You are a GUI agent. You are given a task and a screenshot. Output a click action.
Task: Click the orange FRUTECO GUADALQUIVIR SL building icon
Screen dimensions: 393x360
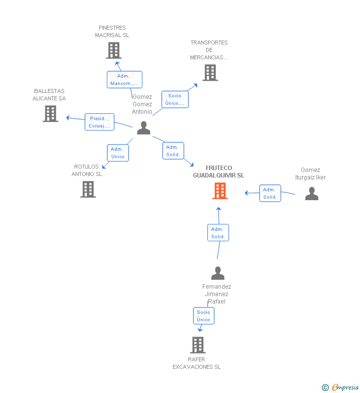point(220,190)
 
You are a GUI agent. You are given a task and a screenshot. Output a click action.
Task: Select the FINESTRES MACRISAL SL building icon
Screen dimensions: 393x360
point(114,50)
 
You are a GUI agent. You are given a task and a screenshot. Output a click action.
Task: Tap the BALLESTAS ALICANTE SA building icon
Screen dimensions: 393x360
point(50,114)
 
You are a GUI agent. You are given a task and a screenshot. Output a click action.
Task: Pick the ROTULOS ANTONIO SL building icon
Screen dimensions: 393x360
point(88,189)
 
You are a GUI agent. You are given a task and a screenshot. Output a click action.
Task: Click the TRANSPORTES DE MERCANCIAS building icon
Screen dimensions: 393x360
point(210,73)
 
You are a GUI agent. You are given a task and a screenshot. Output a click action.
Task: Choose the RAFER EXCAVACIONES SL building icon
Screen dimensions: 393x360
point(197,345)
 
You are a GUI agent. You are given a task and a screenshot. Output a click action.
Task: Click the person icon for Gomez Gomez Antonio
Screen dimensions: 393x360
point(143,128)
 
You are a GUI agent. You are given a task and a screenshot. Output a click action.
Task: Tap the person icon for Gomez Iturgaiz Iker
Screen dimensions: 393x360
point(312,193)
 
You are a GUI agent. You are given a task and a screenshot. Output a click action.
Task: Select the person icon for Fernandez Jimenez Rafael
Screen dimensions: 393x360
point(218,273)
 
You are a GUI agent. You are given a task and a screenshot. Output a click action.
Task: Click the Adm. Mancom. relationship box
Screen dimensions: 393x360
point(124,80)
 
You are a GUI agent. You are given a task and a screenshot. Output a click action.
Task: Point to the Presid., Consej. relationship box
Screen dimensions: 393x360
point(99,122)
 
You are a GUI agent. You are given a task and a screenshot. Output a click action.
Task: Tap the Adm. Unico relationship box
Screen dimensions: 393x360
point(118,153)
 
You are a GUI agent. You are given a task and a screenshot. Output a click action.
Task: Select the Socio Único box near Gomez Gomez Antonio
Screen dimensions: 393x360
point(175,99)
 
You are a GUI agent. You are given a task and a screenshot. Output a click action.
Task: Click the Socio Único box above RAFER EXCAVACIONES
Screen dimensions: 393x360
point(204,316)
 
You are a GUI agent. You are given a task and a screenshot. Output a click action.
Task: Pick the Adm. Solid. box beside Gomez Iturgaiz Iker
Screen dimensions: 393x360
point(270,193)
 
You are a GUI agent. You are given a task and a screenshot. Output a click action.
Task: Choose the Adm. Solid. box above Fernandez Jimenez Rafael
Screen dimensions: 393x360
point(218,233)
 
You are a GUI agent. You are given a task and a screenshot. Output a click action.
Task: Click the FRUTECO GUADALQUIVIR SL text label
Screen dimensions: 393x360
point(219,172)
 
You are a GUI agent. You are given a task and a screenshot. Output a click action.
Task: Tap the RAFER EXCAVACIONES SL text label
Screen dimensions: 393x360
point(197,363)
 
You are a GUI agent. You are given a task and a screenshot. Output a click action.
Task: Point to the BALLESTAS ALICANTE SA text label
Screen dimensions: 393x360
point(49,94)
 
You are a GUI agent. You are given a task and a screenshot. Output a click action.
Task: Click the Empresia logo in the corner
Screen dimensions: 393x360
point(341,388)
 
